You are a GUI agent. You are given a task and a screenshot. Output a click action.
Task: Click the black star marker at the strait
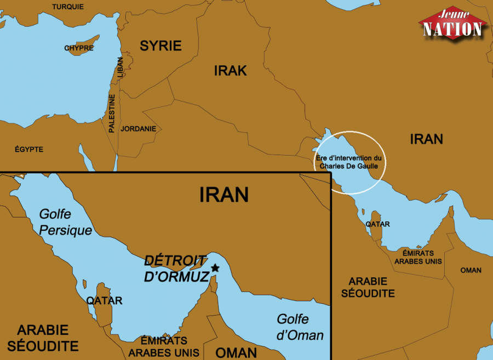pyautogui.click(x=215, y=268)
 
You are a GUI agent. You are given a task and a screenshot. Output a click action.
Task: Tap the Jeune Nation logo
pyautogui.click(x=453, y=24)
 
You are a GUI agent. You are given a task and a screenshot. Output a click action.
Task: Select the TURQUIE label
pyautogui.click(x=68, y=7)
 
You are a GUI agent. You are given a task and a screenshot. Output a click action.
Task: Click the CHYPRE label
pyautogui.click(x=79, y=48)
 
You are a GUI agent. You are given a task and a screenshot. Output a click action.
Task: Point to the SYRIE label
pyautogui.click(x=160, y=45)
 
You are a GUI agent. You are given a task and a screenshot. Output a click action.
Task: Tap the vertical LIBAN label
pyautogui.click(x=120, y=68)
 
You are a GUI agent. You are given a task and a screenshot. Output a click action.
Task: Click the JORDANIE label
pyautogui.click(x=139, y=129)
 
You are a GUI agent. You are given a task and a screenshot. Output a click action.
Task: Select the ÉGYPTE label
pyautogui.click(x=29, y=149)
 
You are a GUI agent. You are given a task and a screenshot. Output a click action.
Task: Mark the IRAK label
pyautogui.click(x=230, y=70)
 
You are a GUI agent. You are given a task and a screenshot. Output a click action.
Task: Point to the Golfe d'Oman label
pyautogui.click(x=300, y=327)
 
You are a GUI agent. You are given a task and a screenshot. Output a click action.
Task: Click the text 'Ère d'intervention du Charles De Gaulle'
pyautogui.click(x=351, y=162)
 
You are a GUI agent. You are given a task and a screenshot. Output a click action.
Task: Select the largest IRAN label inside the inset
pyautogui.click(x=223, y=195)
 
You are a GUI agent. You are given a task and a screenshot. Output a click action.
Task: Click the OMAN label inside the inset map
pyautogui.click(x=236, y=352)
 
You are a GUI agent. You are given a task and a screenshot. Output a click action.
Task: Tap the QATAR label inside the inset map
pyautogui.click(x=104, y=301)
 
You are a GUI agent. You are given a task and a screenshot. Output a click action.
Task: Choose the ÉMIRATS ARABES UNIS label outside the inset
pyautogui.click(x=418, y=257)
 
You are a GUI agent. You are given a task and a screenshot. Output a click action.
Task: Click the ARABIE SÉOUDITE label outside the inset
pyautogui.click(x=368, y=287)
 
